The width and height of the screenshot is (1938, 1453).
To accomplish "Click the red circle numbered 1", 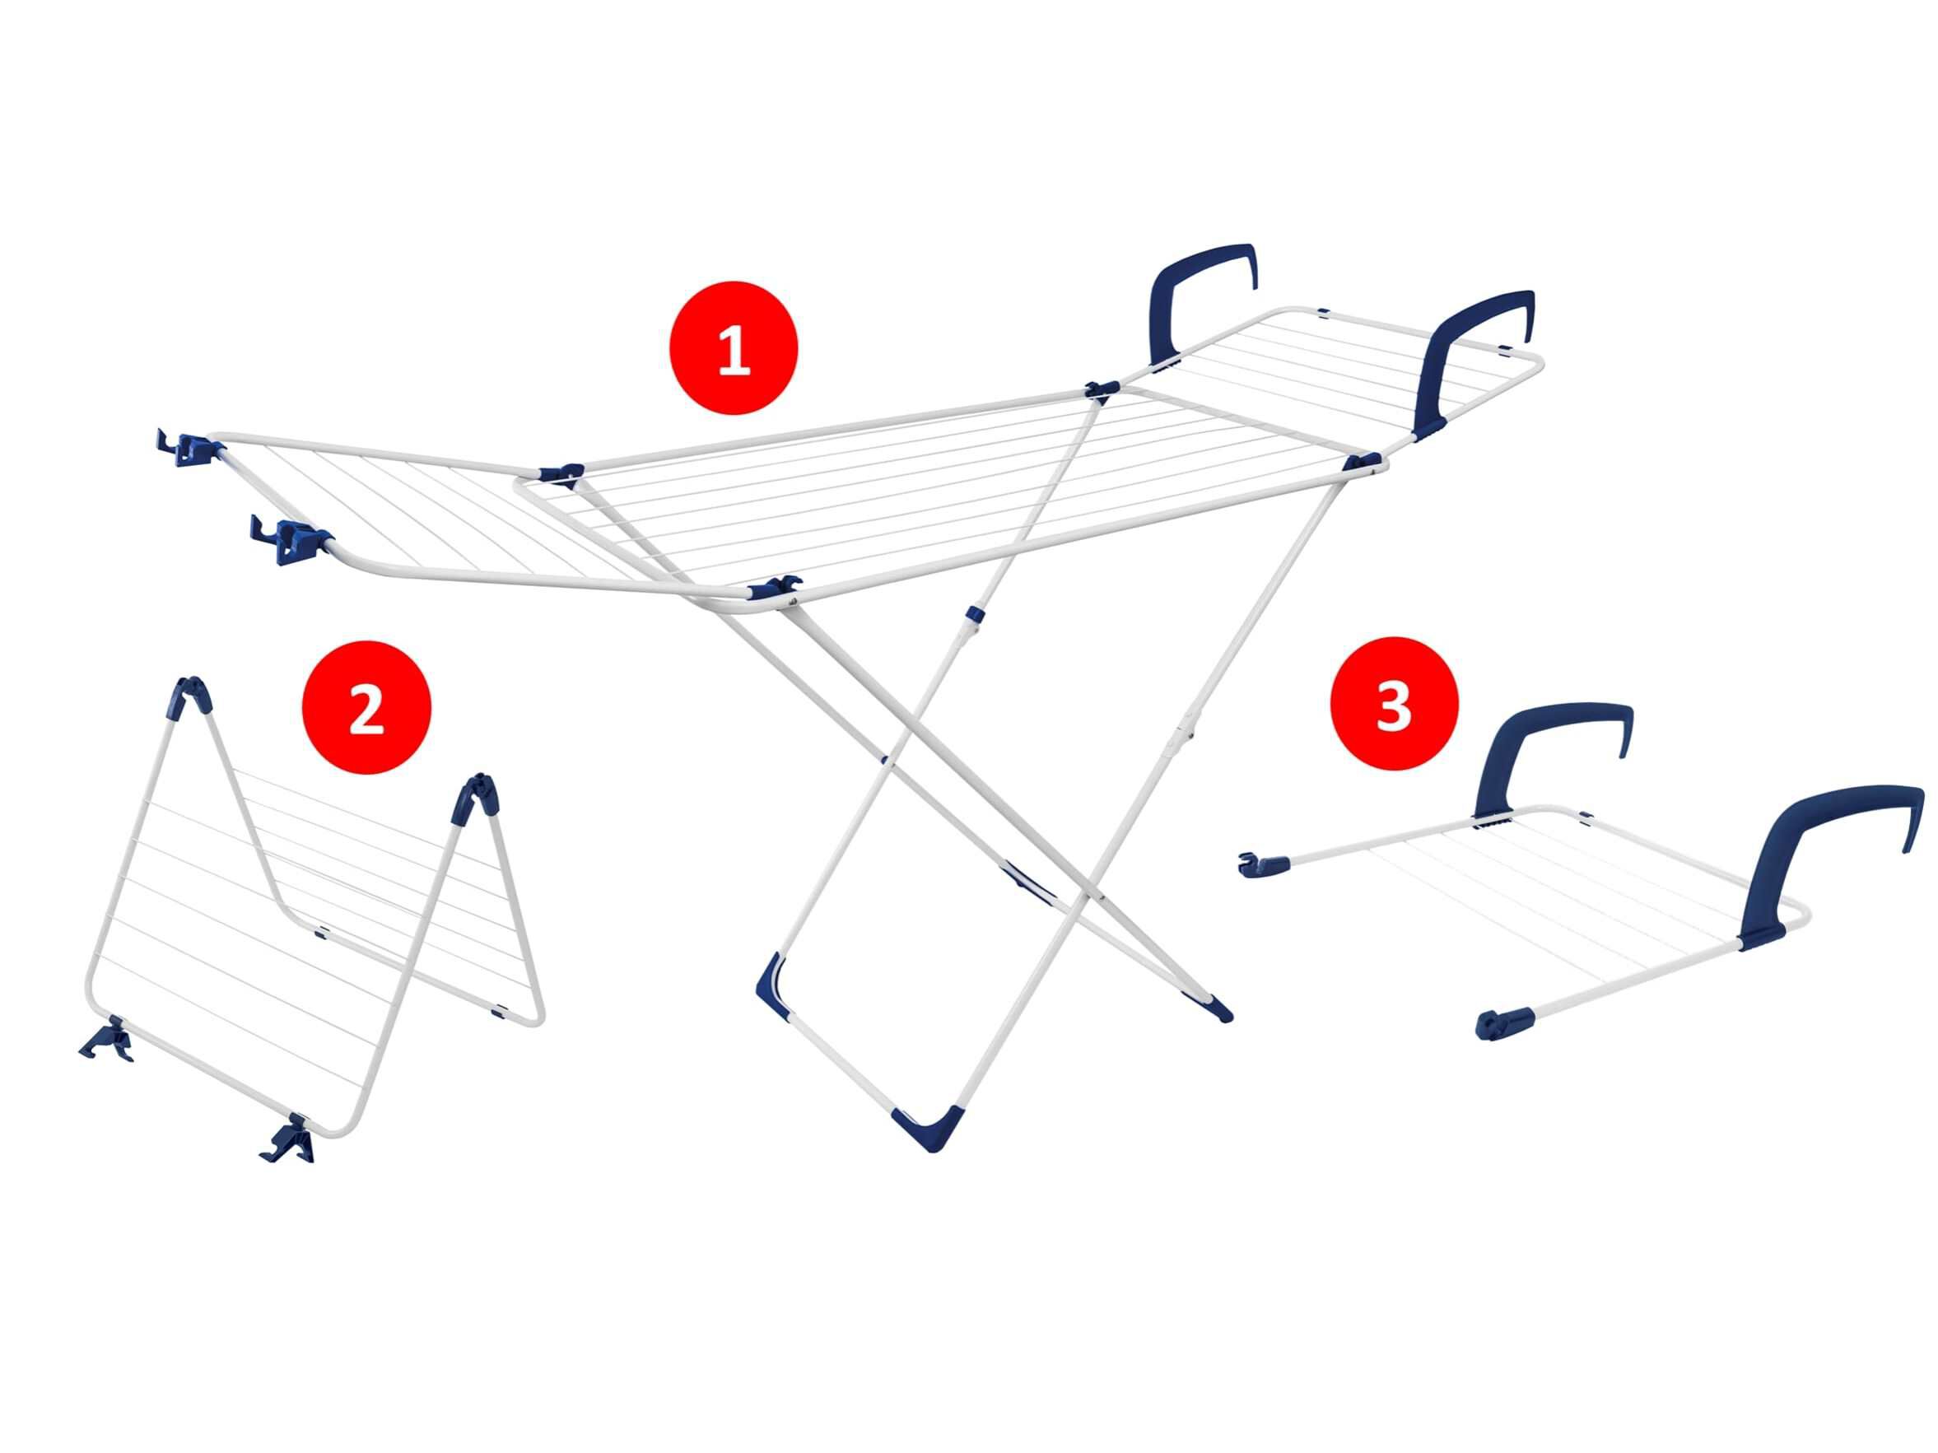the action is (x=734, y=347).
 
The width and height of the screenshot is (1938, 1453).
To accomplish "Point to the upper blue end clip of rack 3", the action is (x=1263, y=865).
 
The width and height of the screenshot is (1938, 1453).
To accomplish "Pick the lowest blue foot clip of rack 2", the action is (x=289, y=1139).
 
